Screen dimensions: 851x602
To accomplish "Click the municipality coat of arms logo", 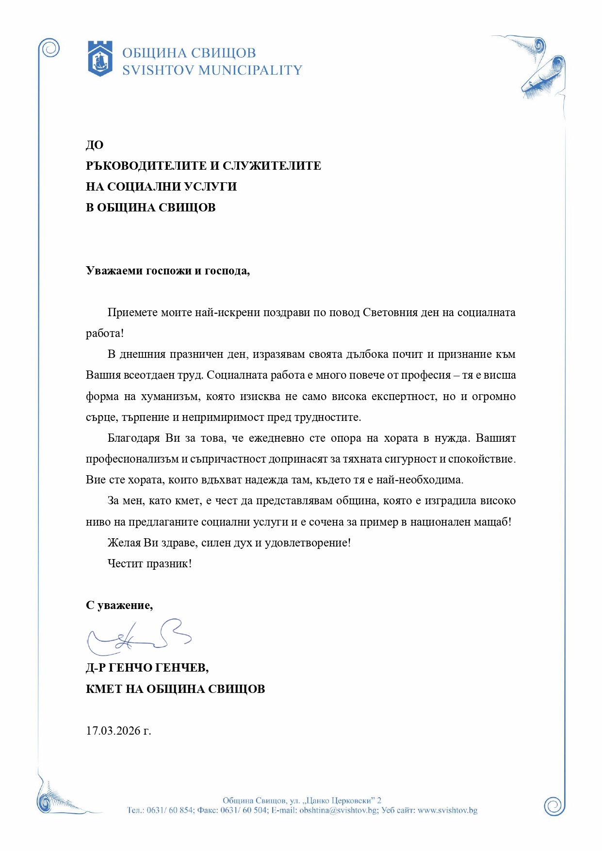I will pos(100,59).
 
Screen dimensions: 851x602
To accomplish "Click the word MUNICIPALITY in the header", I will pos(250,71).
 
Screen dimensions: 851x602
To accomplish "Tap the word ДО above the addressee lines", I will pos(95,145).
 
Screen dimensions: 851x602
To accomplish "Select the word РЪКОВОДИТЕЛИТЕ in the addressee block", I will pos(146,166).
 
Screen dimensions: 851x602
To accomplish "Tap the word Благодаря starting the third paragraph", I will pos(133,438).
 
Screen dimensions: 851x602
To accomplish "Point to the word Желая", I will pos(124,543).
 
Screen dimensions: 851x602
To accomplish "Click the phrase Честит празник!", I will pos(149,563).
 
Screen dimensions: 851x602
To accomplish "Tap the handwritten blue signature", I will pos(139,637).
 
